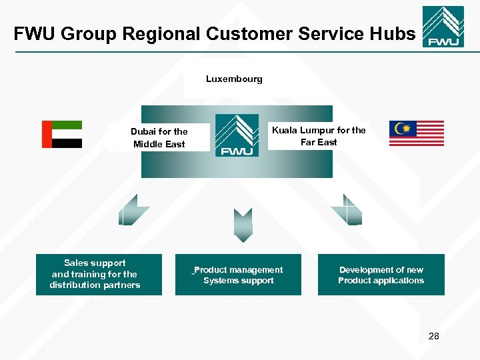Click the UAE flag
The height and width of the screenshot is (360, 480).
(62, 134)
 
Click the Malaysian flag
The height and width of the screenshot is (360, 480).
(417, 133)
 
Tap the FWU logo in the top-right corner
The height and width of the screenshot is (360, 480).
(443, 27)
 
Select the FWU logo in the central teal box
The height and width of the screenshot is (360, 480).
(237, 135)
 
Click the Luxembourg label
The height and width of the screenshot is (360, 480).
(234, 79)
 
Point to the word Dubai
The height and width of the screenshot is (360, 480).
(145, 132)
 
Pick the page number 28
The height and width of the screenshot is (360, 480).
(433, 336)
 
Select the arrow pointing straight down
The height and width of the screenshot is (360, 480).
(243, 225)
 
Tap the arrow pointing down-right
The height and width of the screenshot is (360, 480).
(347, 210)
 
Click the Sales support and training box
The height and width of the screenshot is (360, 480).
(99, 274)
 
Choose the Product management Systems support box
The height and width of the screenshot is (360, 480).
(238, 275)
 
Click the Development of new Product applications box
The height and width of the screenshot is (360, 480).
(381, 275)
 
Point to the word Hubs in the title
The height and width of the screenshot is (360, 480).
(393, 34)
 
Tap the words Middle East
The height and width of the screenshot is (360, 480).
(159, 144)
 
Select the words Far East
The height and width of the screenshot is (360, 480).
(319, 142)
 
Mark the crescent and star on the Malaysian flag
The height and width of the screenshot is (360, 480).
(402, 128)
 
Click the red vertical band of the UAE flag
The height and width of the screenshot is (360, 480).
(47, 134)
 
